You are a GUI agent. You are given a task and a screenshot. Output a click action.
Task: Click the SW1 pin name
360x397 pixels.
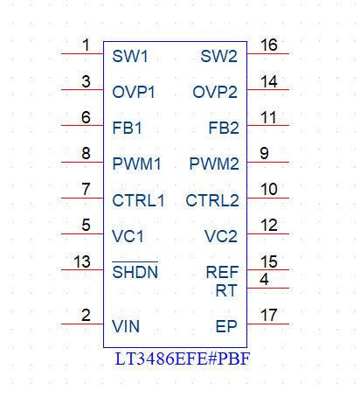(x=130, y=56)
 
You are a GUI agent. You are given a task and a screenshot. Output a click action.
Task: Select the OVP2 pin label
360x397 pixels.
(x=215, y=92)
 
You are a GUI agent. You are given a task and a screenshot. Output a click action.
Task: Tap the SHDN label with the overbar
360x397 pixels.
(x=135, y=271)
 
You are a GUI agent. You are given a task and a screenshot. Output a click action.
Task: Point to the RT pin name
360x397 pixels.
(x=226, y=290)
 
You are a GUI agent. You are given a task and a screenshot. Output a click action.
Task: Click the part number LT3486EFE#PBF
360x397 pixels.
(x=183, y=359)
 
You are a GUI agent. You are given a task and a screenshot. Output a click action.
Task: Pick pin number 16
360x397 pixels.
(x=268, y=45)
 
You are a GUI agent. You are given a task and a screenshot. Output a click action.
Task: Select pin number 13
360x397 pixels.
(x=82, y=261)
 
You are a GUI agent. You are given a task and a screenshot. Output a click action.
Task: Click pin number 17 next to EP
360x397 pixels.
(x=268, y=315)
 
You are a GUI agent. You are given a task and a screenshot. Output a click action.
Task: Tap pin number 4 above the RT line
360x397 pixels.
(x=264, y=279)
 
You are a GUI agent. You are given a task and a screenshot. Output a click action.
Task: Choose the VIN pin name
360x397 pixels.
(x=126, y=326)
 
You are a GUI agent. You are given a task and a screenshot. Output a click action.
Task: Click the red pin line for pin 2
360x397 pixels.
(x=82, y=324)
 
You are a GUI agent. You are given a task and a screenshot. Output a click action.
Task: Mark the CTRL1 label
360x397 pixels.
(x=138, y=200)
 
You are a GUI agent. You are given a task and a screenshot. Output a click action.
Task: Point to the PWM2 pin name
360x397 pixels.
(x=214, y=164)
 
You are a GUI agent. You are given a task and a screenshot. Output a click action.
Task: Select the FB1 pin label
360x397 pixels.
(x=127, y=128)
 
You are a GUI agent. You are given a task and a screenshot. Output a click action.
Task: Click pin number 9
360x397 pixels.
(x=264, y=153)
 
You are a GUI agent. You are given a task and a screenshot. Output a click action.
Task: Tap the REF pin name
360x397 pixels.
(x=222, y=272)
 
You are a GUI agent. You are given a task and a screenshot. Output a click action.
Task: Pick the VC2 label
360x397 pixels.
(x=221, y=236)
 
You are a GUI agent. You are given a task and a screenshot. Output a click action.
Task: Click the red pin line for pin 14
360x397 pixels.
(x=268, y=89)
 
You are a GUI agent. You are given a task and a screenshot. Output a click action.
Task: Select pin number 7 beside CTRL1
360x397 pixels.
(x=86, y=189)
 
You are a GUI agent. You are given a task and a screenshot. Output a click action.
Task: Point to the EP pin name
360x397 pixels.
(x=226, y=326)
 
